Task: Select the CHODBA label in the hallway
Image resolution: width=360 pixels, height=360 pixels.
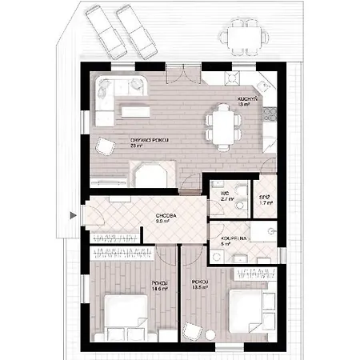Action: point(167,217)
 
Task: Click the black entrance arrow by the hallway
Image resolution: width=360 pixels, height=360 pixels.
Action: point(73,214)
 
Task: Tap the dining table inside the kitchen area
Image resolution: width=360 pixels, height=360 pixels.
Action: point(223,124)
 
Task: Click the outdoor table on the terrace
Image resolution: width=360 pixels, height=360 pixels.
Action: point(239,36)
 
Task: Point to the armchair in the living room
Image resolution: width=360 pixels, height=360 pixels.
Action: point(105,146)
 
